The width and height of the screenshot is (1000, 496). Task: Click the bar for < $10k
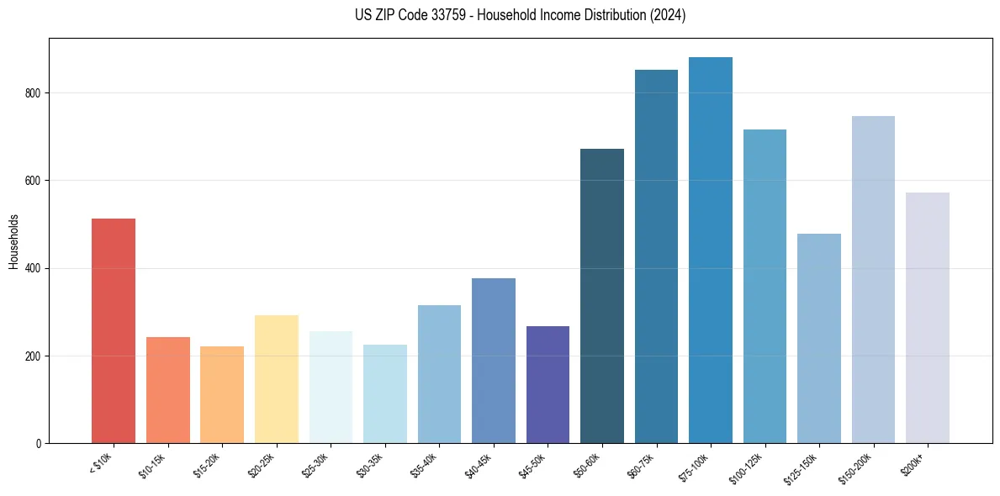[114, 330]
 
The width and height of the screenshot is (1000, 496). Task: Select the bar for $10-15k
[168, 390]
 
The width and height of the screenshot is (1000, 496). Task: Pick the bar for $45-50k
[548, 384]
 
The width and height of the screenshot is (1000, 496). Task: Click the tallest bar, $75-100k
[711, 250]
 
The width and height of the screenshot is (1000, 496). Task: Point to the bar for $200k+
[928, 318]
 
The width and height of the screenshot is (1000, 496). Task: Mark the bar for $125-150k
[819, 338]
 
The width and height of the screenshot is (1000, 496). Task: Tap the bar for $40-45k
[494, 361]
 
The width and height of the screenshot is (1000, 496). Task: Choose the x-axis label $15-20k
[210, 465]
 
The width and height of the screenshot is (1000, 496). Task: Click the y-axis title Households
[13, 241]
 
